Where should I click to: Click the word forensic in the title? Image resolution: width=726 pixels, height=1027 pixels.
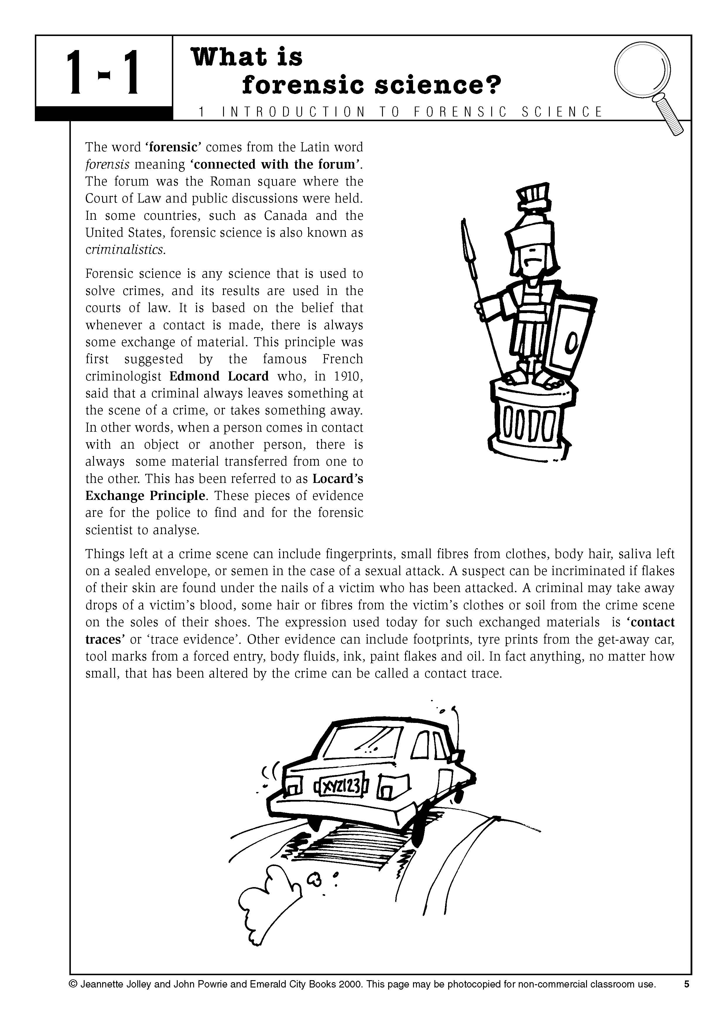click(x=304, y=85)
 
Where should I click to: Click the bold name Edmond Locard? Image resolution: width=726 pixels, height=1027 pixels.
click(x=219, y=376)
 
